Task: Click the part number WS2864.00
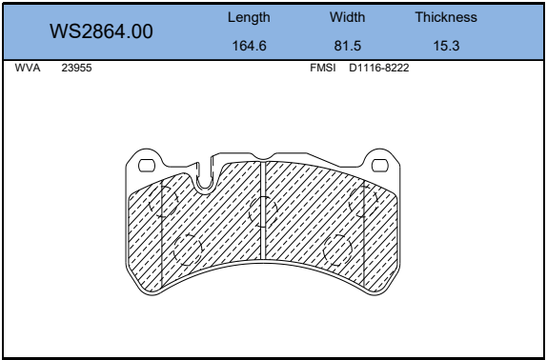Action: click(x=101, y=31)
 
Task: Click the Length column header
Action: click(x=249, y=17)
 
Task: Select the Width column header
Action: click(x=348, y=17)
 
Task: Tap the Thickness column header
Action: click(x=446, y=17)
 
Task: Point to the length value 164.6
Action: click(x=249, y=46)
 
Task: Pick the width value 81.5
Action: click(x=348, y=46)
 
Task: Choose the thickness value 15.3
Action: click(x=446, y=46)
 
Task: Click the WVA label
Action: click(x=28, y=68)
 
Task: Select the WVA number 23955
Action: click(x=76, y=68)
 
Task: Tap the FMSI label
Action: click(x=323, y=68)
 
